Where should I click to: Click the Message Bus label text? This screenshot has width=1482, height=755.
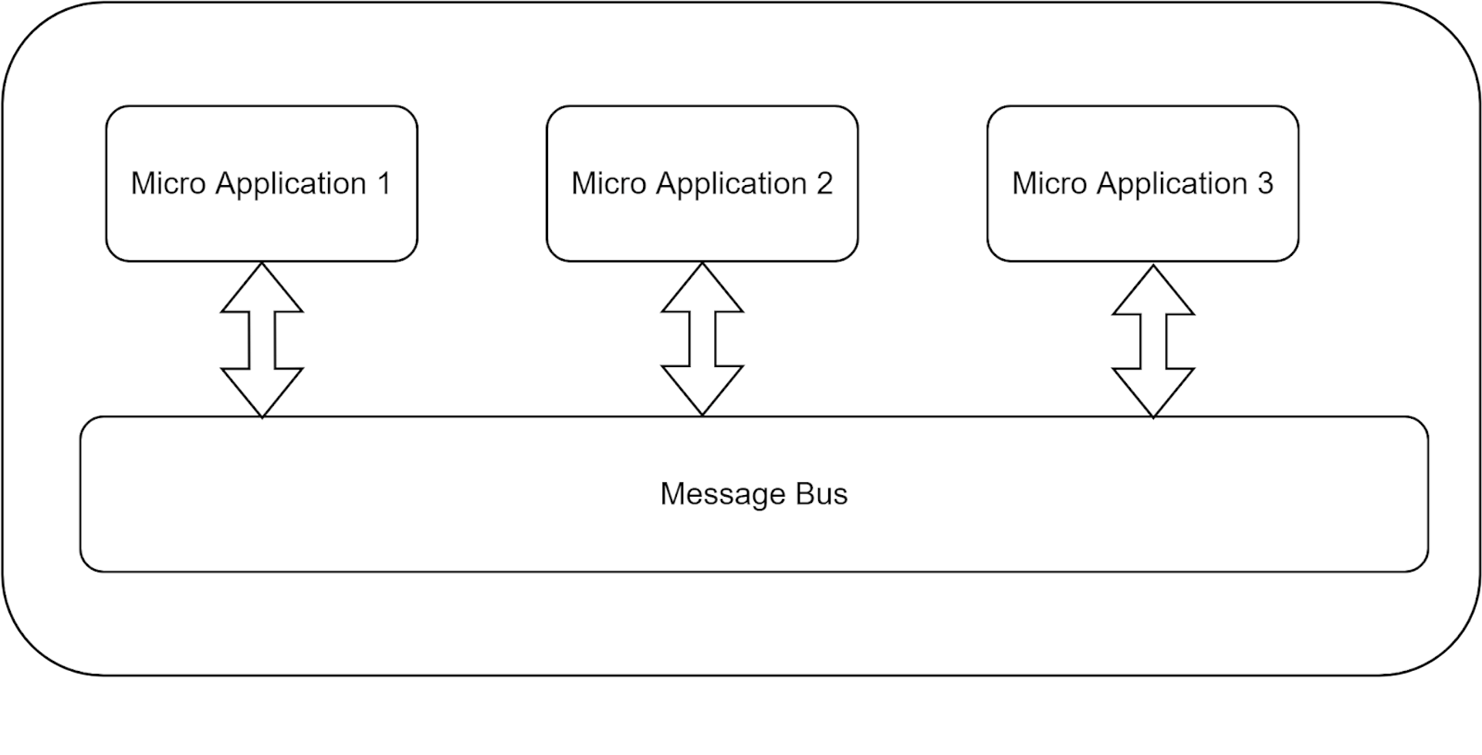753,494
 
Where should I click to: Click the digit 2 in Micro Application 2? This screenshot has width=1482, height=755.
824,184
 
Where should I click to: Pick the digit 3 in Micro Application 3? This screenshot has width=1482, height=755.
1264,184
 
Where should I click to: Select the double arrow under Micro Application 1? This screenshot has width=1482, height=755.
262,340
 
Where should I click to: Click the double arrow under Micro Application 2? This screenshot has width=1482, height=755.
702,340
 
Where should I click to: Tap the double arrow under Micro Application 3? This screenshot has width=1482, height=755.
1153,342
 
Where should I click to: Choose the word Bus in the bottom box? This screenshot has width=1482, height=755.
821,494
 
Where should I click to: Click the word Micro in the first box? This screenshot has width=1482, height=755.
168,184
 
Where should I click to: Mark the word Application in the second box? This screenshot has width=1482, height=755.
732,184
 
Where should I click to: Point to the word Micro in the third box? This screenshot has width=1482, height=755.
1050,184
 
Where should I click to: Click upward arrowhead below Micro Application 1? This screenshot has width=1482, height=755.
262,293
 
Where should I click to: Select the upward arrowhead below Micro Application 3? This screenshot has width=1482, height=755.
1153,295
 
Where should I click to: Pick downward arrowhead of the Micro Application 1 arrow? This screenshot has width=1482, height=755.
262,389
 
